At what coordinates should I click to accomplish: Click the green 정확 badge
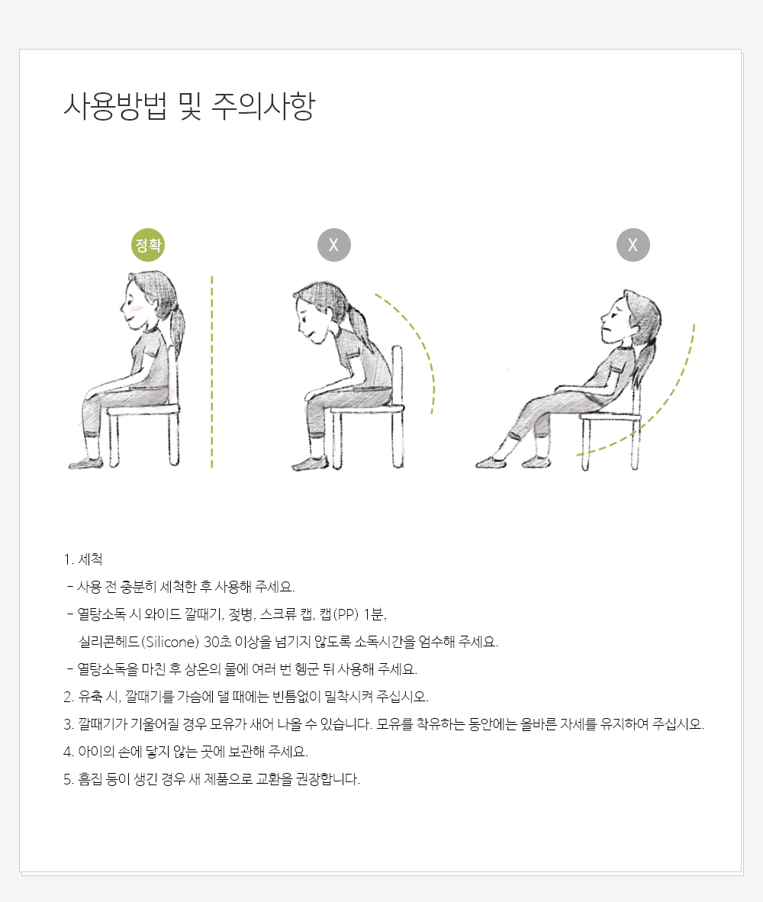pos(148,245)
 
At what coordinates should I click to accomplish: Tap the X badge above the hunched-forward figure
pos(334,245)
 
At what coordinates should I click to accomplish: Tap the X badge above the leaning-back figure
pos(633,245)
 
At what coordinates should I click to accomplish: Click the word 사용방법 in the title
pos(115,106)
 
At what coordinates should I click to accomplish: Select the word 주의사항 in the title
pos(263,106)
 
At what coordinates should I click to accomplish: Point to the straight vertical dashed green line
pos(211,372)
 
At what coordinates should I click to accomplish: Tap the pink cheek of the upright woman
pos(134,309)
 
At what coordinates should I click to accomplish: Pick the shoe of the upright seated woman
pos(86,462)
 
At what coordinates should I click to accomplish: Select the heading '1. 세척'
pos(83,559)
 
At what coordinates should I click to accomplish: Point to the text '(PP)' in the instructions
pos(346,614)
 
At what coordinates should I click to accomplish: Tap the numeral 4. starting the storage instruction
pos(69,752)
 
